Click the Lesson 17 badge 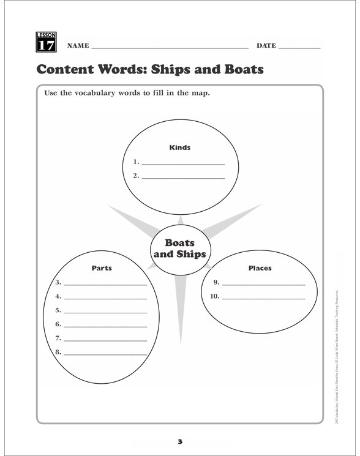point(47,42)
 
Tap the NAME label point(78,46)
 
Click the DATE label point(266,46)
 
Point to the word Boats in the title point(237,69)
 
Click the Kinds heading point(179,148)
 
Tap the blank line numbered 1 point(183,164)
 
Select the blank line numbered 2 point(183,178)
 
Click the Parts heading point(102,268)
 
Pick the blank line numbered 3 point(105,284)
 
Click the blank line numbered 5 point(105,312)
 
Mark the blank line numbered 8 point(105,354)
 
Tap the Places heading point(260,268)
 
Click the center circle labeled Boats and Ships point(179,248)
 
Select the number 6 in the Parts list point(58,324)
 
